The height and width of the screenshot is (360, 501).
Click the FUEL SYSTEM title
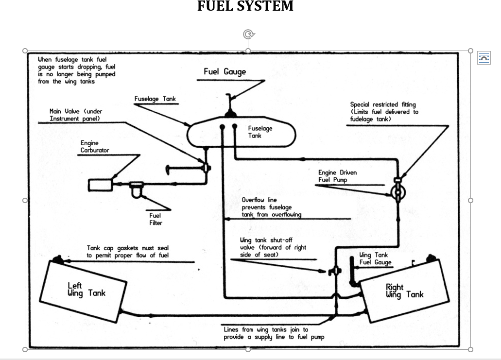click(245, 6)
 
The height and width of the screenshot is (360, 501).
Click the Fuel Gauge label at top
click(225, 72)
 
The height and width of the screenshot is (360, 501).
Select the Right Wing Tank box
click(403, 291)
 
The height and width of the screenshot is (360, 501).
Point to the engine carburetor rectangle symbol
click(100, 185)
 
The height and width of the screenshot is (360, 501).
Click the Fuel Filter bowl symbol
click(137, 191)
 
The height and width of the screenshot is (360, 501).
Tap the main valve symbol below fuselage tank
click(205, 168)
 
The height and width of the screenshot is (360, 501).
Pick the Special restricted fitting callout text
click(384, 112)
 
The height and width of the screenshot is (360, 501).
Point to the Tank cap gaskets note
click(128, 252)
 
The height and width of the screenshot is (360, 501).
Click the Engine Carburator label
click(95, 147)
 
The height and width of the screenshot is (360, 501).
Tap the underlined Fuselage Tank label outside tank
click(155, 99)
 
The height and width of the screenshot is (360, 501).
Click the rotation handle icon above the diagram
click(248, 34)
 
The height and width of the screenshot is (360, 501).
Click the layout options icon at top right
click(484, 58)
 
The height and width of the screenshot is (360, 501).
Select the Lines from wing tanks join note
click(274, 333)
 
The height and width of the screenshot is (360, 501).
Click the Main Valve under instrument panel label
click(76, 115)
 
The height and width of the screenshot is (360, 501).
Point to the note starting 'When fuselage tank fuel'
click(76, 70)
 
